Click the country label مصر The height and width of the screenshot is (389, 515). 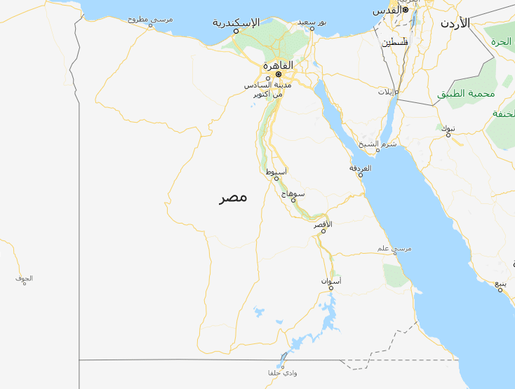click(x=233, y=198)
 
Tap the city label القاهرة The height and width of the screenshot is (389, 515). click(x=278, y=65)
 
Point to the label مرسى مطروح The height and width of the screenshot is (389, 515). click(x=150, y=20)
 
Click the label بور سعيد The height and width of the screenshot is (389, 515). click(x=312, y=22)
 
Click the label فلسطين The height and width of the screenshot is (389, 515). click(x=395, y=42)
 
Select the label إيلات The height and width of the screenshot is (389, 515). click(x=387, y=92)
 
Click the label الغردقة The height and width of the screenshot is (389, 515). click(x=361, y=168)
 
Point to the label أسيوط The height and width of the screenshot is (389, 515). click(x=276, y=172)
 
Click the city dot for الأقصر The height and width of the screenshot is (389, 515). click(x=323, y=231)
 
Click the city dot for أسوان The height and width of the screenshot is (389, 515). click(x=330, y=287)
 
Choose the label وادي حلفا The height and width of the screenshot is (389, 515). click(x=283, y=373)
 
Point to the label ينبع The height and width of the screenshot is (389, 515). click(x=500, y=283)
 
